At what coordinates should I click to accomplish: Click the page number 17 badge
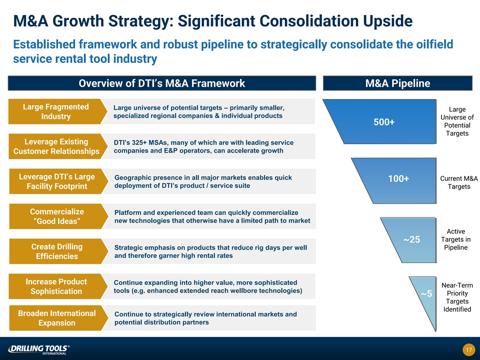tap(468, 350)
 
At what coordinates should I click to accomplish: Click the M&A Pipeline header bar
tap(398, 83)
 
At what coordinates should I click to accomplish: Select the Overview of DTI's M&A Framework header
tap(162, 83)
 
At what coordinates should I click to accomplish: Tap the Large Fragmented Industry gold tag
tap(56, 111)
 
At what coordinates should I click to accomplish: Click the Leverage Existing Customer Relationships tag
tap(56, 146)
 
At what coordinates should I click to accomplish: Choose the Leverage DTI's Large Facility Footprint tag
tap(56, 181)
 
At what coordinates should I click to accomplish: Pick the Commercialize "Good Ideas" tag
tap(56, 216)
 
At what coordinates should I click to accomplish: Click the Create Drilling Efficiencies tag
tap(56, 251)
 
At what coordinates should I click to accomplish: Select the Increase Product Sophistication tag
tap(56, 286)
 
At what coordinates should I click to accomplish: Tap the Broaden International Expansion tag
tap(56, 318)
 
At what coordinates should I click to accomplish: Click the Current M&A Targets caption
tap(458, 182)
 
